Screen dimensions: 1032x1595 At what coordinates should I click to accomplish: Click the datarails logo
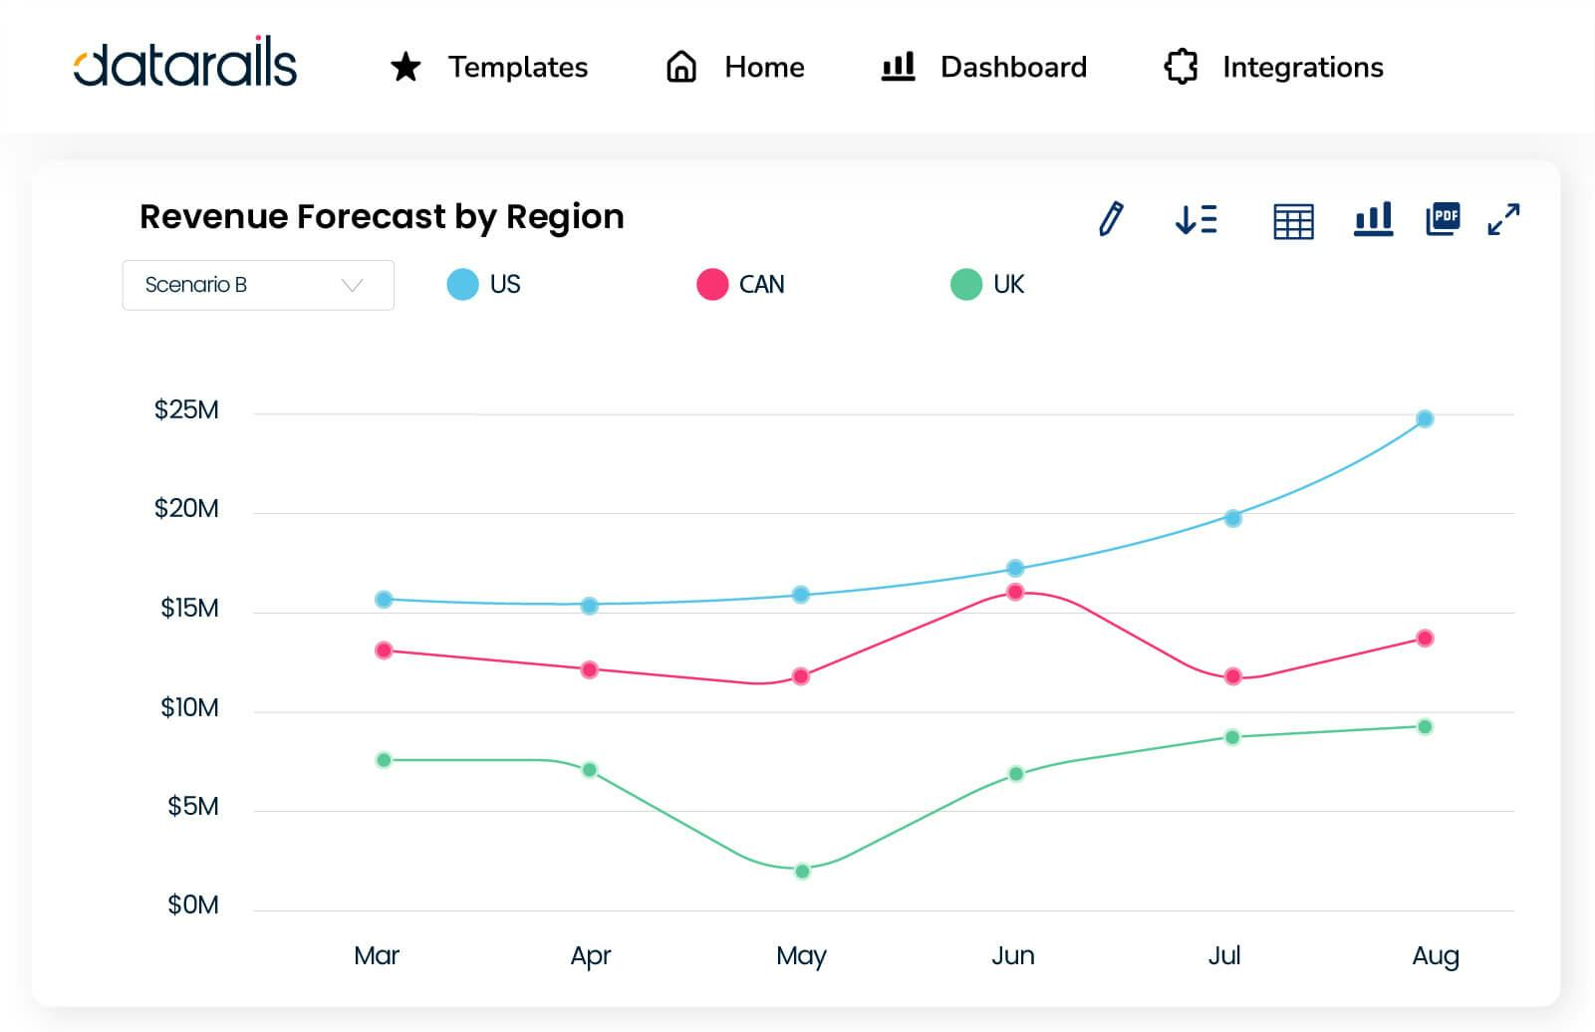[185, 66]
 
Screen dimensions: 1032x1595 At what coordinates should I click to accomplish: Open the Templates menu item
[517, 67]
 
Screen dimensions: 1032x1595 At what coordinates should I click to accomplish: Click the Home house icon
[681, 67]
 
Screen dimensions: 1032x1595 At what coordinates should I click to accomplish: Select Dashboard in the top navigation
[1012, 67]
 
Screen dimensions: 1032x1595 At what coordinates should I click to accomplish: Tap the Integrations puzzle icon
[1181, 67]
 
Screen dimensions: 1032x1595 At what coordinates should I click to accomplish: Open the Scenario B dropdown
[258, 285]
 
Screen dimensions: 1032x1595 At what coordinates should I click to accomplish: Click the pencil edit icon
[1111, 218]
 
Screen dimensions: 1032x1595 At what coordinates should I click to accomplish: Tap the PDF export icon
[1443, 218]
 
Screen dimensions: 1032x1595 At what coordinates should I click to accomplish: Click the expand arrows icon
[1503, 219]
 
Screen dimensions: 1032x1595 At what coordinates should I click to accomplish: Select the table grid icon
[1293, 220]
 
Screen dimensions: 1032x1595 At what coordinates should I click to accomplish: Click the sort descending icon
[1196, 219]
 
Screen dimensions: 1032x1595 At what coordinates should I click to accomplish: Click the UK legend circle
[966, 285]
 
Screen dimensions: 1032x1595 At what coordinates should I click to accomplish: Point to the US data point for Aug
[1425, 419]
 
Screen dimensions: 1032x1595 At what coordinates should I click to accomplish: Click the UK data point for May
[802, 872]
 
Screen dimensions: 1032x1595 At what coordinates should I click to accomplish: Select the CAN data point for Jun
[1015, 592]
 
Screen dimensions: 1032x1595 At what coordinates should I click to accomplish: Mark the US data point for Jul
[1232, 518]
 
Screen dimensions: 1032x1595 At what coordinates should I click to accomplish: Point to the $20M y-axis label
[186, 509]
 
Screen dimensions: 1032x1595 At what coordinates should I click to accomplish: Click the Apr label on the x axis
[590, 956]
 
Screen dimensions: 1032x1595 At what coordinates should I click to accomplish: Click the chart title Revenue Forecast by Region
[382, 217]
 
